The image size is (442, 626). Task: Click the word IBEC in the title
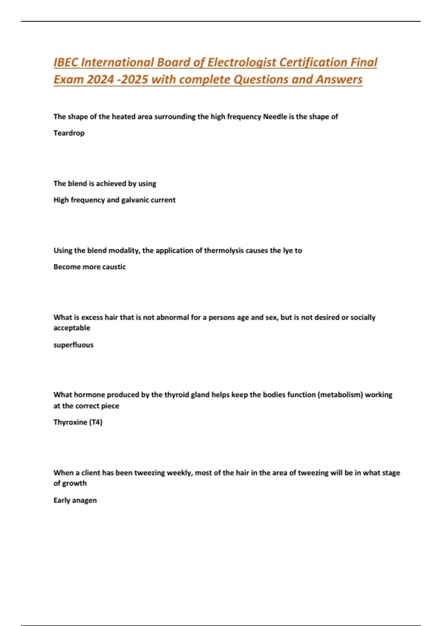tap(66, 62)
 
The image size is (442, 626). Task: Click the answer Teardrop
tap(69, 133)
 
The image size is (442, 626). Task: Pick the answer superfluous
tap(73, 345)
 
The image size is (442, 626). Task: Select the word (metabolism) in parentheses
tap(340, 395)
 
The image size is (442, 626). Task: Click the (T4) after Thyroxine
tap(96, 422)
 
